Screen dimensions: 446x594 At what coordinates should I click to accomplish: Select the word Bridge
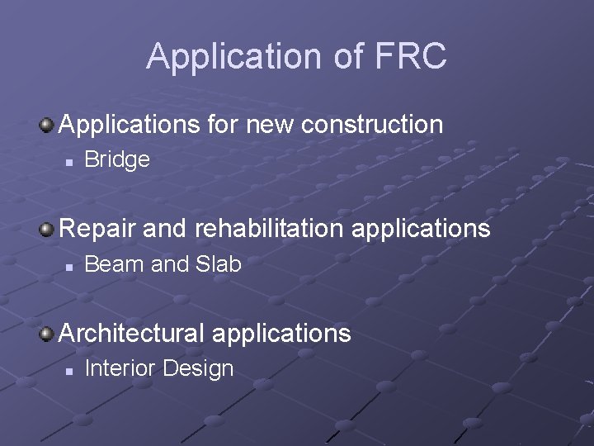117,159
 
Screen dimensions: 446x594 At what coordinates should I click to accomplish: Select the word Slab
219,264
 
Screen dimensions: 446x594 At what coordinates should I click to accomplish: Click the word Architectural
131,333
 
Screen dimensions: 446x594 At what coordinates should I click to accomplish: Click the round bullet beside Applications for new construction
48,126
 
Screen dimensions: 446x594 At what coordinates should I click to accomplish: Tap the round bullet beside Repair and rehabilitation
48,229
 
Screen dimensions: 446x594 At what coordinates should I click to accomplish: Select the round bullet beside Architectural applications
48,334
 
